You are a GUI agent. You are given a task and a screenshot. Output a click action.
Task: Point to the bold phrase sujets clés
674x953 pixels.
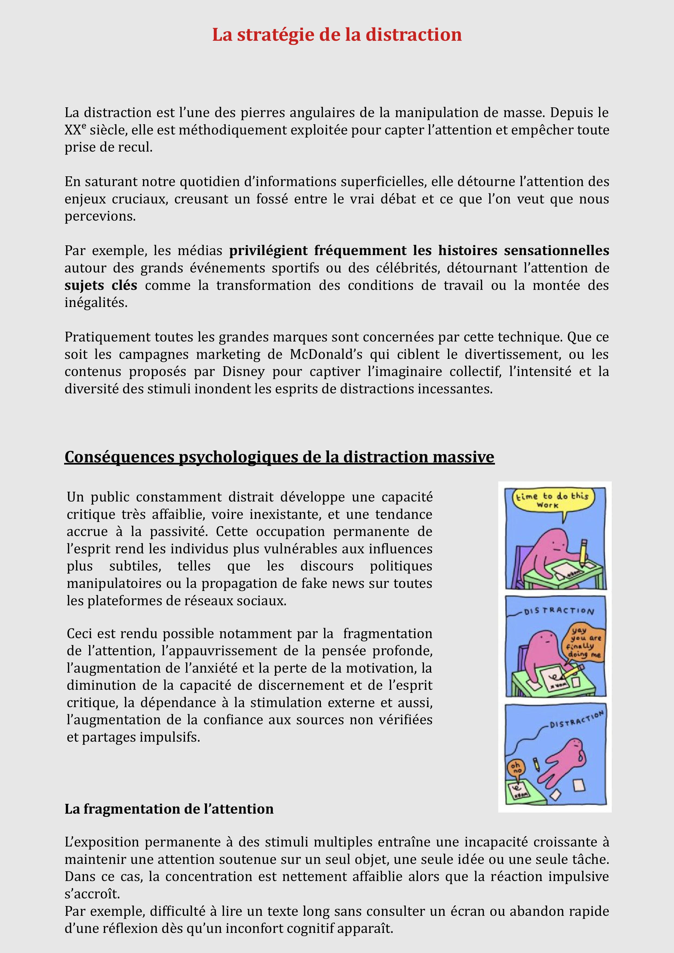point(101,286)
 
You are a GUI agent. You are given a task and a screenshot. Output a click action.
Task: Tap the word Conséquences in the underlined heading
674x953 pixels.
point(120,457)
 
